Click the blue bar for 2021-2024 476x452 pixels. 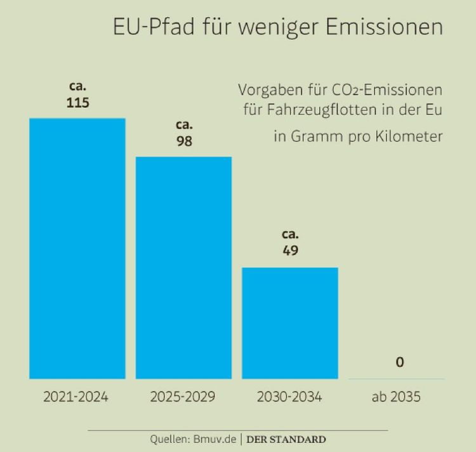[x=77, y=249]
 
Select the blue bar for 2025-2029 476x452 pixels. [x=183, y=268]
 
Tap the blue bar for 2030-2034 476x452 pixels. [x=290, y=323]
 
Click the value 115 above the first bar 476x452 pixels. [x=77, y=102]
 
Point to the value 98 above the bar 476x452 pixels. [x=184, y=141]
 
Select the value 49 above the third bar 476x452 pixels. [x=290, y=250]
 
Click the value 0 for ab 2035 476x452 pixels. [x=399, y=362]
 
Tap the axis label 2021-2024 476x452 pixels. [x=76, y=397]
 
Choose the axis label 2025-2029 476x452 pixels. [x=183, y=397]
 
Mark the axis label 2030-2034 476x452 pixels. [x=289, y=397]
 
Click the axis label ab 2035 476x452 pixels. [x=396, y=397]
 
